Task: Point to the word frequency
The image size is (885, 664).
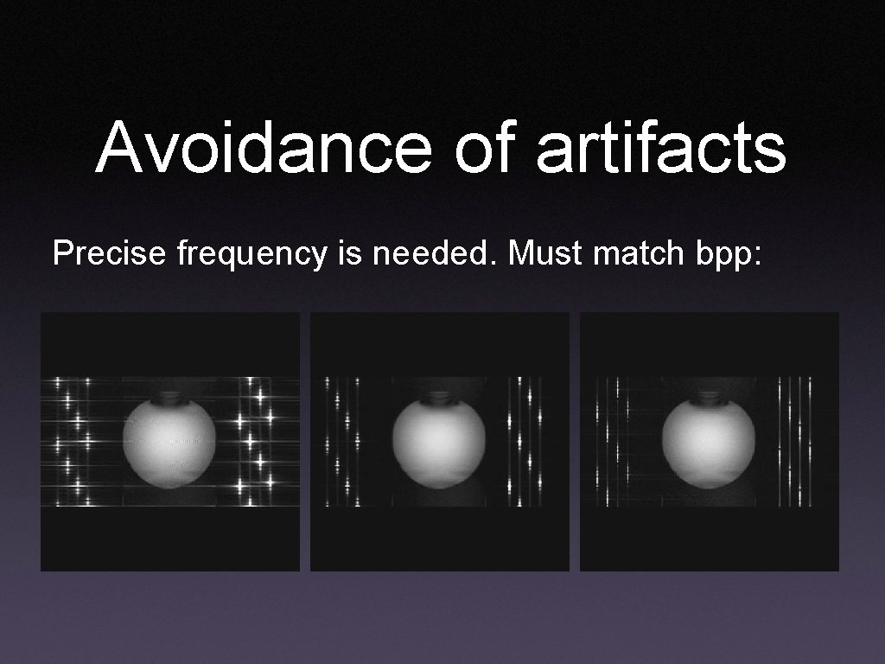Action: tap(251, 255)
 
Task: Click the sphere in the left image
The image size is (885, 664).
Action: tap(169, 441)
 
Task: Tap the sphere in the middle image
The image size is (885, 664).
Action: tap(438, 441)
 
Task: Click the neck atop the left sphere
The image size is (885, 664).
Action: tap(169, 399)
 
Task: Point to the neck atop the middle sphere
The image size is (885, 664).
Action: tap(438, 399)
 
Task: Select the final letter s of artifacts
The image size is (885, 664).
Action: tap(769, 152)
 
